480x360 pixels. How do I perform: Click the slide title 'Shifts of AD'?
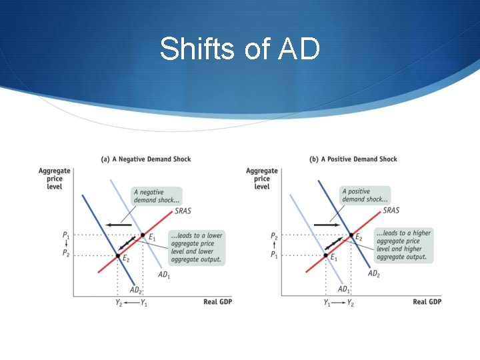tap(239, 49)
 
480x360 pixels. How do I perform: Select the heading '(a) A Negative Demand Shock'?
tap(145, 159)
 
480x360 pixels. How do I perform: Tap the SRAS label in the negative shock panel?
tap(183, 211)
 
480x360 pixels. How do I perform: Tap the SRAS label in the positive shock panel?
tap(391, 211)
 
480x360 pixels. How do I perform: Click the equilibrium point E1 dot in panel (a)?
tap(142, 235)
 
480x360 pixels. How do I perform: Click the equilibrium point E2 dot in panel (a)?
tap(118, 255)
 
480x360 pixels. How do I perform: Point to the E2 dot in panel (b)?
tap(351, 235)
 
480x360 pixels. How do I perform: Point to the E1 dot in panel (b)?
tap(326, 255)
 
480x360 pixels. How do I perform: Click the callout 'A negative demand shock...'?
tap(157, 195)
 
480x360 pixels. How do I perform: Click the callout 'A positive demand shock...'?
tap(364, 195)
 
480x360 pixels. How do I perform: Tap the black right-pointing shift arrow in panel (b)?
tap(327, 225)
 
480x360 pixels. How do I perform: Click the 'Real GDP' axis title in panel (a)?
tap(217, 302)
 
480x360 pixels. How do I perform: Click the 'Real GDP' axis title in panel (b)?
tap(427, 302)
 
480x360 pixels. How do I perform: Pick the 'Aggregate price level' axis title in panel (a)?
tap(54, 179)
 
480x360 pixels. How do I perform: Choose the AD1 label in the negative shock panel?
tap(164, 274)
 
